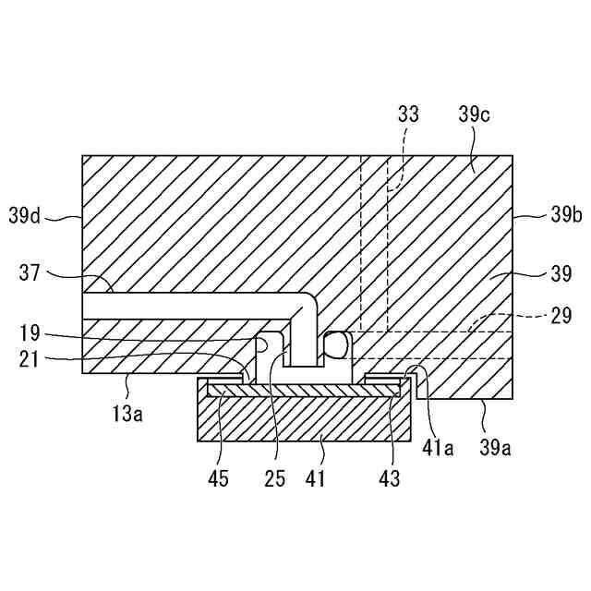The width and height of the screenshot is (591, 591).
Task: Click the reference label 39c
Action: [474, 115]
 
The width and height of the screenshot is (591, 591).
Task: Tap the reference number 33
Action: [407, 115]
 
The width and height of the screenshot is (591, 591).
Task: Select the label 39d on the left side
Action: [26, 217]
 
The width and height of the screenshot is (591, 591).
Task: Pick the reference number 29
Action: [561, 316]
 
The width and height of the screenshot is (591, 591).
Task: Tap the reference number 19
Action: [30, 331]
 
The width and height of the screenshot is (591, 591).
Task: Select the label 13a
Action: [127, 414]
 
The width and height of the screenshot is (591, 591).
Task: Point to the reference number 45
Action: [218, 478]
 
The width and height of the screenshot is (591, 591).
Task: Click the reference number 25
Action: [273, 478]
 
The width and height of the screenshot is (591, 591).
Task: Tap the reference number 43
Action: [390, 478]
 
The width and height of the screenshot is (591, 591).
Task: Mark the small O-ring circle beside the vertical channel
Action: [335, 345]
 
